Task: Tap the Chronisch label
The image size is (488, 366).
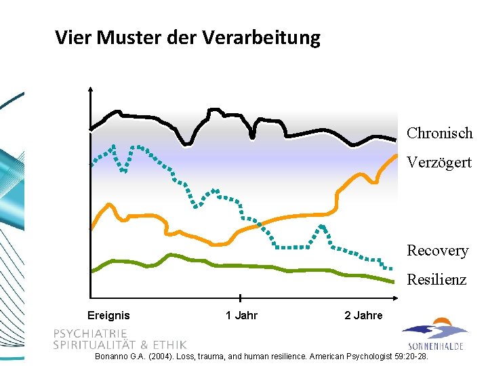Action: click(x=439, y=133)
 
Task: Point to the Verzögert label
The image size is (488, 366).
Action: click(x=439, y=163)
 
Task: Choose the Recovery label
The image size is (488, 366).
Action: click(x=437, y=251)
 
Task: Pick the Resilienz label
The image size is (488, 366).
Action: click(x=436, y=280)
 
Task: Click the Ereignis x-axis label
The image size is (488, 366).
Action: click(x=108, y=315)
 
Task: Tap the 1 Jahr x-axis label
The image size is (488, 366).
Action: click(x=241, y=315)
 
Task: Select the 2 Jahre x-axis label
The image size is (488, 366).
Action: click(x=363, y=315)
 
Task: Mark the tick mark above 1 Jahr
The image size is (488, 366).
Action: click(x=241, y=298)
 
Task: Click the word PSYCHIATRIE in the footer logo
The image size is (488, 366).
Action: click(x=90, y=333)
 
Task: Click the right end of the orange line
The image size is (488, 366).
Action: click(x=396, y=155)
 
